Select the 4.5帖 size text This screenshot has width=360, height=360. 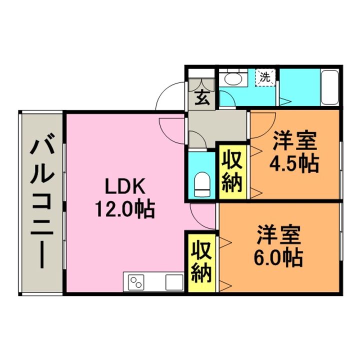(x=294, y=163)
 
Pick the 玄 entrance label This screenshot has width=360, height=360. (x=201, y=97)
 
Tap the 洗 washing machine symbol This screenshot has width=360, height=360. (x=265, y=77)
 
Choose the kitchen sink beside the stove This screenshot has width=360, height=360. (x=174, y=282)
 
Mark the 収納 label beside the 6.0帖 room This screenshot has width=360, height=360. (x=202, y=261)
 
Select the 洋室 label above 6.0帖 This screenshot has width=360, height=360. (x=279, y=234)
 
